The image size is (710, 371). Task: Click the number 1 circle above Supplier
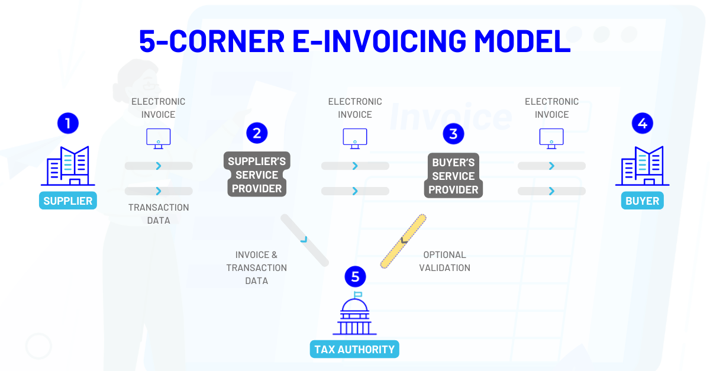68,123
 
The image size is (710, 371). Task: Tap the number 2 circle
257,133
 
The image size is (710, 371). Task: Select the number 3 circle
453,134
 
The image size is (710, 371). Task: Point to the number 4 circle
643,123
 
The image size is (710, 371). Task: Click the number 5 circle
355,276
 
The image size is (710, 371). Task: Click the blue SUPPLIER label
68,201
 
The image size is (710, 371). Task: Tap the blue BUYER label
642,201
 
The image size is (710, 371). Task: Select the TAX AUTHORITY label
354,349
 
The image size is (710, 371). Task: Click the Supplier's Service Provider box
256,175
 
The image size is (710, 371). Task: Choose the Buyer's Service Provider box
453,176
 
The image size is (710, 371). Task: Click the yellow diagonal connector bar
403,241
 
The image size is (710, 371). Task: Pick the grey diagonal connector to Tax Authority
304,240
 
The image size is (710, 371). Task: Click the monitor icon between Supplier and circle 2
159,138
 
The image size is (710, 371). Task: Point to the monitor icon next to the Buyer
551,138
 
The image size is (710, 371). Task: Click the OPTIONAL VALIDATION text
444,261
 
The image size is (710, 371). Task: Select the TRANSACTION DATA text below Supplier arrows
159,214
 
